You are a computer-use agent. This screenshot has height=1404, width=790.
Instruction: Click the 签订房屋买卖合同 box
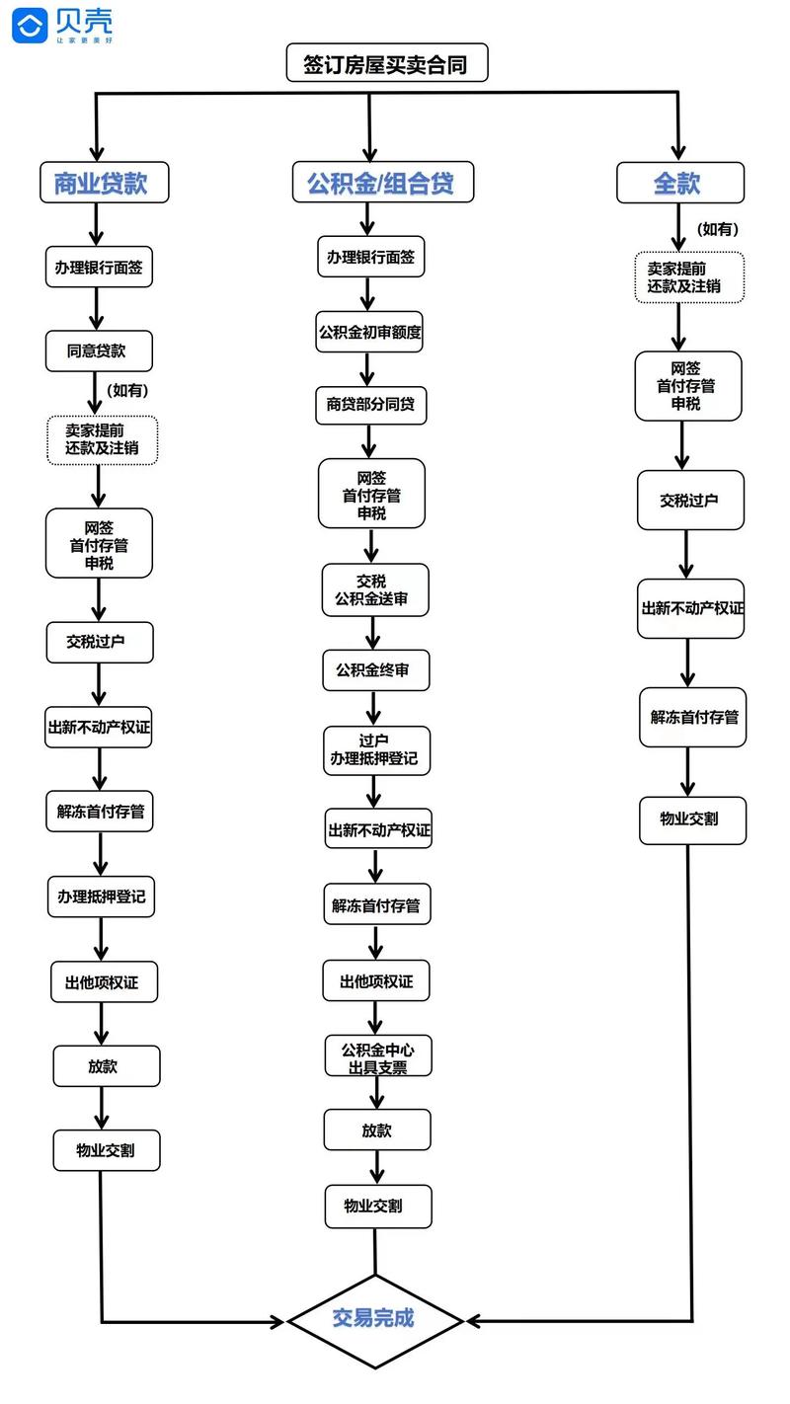[387, 64]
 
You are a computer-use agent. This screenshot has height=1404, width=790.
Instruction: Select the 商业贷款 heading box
[100, 183]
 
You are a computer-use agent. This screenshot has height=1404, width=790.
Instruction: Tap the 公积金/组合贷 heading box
[369, 183]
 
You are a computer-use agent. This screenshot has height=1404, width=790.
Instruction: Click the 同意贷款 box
[98, 351]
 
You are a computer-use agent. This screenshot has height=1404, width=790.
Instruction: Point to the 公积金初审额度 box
[369, 333]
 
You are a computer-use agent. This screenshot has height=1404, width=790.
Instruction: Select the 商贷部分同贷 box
[370, 405]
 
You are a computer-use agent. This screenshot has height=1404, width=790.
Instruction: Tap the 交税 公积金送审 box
[375, 589]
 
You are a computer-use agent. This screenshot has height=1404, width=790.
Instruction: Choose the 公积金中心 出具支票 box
[377, 1055]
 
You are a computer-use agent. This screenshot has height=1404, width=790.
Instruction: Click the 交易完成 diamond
[375, 1319]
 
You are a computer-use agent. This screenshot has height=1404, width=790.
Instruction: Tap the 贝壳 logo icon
[30, 25]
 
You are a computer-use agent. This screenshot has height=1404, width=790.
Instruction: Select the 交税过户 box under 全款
[689, 501]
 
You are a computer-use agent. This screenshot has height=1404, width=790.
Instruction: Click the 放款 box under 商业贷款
[106, 1066]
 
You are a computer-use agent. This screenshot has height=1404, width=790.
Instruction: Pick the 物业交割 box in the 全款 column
[691, 819]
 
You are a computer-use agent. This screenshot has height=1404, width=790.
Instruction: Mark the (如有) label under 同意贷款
[126, 390]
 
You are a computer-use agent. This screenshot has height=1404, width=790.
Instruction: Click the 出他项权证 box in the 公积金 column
[376, 981]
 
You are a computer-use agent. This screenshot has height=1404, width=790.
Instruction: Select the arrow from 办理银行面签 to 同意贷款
[97, 309]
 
